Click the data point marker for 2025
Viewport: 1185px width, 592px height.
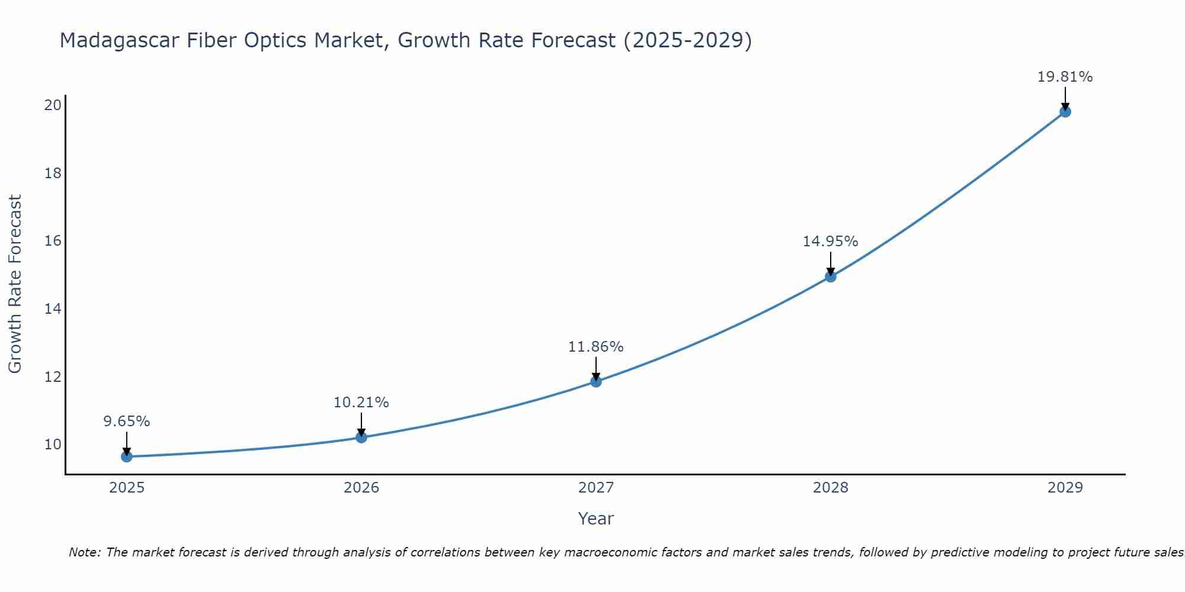click(127, 456)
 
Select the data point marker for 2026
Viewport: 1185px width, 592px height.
click(361, 437)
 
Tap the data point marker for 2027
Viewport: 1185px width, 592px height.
click(596, 382)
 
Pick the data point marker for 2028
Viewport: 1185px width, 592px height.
click(831, 276)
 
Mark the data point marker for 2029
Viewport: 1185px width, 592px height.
click(1065, 112)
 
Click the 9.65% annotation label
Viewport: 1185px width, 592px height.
click(127, 422)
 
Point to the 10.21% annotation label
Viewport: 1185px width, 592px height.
click(361, 403)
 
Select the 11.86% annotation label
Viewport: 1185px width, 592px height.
click(596, 347)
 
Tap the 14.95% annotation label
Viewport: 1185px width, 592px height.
click(831, 242)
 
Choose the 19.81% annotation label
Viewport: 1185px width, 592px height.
click(1065, 77)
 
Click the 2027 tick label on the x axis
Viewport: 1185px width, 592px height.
click(596, 488)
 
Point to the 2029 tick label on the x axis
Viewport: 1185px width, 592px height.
click(1065, 488)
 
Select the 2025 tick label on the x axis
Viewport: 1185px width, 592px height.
click(127, 488)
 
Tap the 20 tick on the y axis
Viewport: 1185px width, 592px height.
click(53, 105)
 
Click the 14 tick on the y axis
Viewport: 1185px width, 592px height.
click(53, 309)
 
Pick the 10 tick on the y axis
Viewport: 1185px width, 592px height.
click(53, 445)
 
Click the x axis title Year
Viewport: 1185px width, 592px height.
click(596, 519)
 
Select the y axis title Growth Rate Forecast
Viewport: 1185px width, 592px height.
click(15, 284)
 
